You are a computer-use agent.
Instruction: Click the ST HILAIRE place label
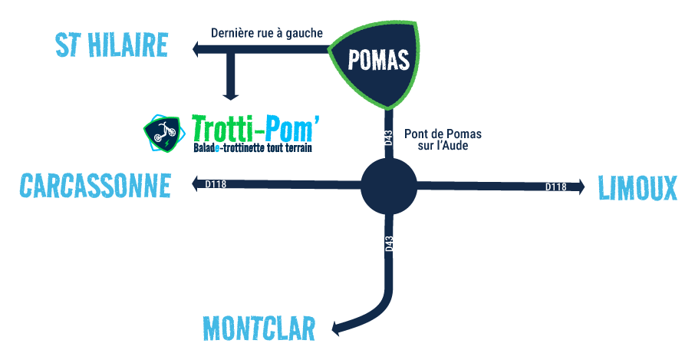click(x=112, y=45)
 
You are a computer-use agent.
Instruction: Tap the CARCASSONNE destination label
click(x=95, y=185)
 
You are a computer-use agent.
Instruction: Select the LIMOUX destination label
click(x=637, y=188)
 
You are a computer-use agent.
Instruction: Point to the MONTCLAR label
click(x=259, y=328)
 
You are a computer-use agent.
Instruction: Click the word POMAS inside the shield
click(x=378, y=61)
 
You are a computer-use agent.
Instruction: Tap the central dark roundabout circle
click(x=389, y=187)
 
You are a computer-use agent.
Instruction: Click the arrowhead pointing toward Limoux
click(x=580, y=187)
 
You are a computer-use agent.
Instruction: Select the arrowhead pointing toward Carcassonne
click(x=196, y=183)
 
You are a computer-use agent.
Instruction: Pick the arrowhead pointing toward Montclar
click(x=337, y=329)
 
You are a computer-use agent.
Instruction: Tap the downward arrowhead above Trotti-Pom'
click(x=230, y=95)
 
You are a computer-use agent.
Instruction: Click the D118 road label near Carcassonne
click(x=216, y=183)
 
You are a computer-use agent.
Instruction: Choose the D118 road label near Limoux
click(x=556, y=187)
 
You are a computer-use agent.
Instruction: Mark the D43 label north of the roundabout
click(x=389, y=137)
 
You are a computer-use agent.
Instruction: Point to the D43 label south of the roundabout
click(x=389, y=244)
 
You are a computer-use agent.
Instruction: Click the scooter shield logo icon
click(x=162, y=134)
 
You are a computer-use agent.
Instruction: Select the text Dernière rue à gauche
click(x=267, y=33)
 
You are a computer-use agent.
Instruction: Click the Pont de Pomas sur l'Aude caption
click(x=443, y=139)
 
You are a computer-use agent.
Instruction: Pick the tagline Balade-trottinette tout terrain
click(x=252, y=147)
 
